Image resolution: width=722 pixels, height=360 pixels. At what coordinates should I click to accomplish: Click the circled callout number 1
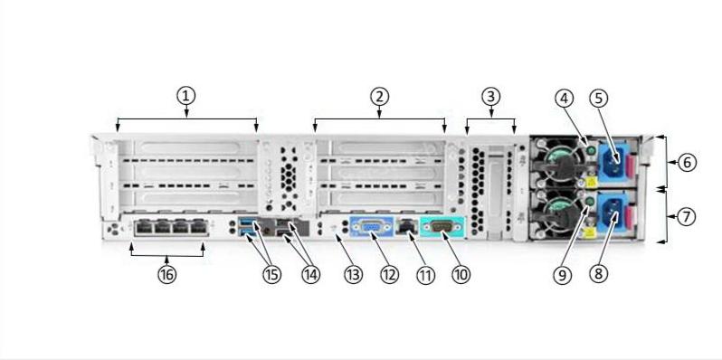tap(186, 96)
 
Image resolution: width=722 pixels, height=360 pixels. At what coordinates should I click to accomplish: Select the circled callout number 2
tap(381, 96)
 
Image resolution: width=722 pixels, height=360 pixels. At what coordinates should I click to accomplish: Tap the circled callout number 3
tap(490, 96)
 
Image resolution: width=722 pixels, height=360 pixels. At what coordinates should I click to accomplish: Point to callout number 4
tap(565, 98)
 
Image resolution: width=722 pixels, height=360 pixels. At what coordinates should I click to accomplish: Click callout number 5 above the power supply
tap(599, 98)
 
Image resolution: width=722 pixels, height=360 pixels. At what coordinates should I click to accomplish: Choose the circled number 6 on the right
tap(688, 163)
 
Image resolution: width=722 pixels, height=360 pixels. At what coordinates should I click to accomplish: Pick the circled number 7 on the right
tap(688, 217)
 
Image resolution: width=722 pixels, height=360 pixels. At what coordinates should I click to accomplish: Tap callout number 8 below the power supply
tap(599, 272)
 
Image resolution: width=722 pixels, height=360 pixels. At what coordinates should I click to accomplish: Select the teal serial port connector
tap(442, 228)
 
